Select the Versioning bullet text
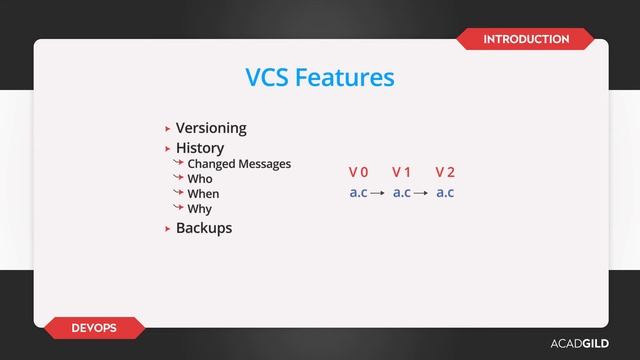(211, 128)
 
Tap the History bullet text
(200, 148)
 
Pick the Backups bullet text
(204, 228)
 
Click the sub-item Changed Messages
(239, 164)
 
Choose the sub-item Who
(200, 179)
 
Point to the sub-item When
(203, 194)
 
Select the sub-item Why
(200, 209)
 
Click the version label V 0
(358, 173)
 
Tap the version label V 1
(402, 173)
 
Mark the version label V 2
(445, 173)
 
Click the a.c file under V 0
(358, 192)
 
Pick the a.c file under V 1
(402, 192)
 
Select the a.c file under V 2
(445, 192)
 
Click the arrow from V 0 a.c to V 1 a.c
(379, 193)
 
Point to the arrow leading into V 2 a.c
(423, 193)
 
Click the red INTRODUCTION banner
(526, 39)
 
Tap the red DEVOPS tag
(94, 328)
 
